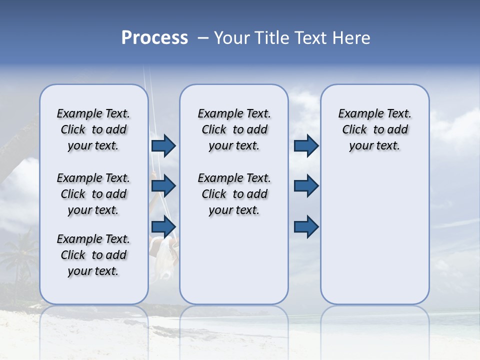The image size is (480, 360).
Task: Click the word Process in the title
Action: [x=154, y=38]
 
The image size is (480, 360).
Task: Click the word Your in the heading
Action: [x=231, y=38]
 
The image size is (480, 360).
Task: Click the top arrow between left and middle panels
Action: [x=163, y=145]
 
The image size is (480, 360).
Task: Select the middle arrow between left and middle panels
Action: [x=163, y=186]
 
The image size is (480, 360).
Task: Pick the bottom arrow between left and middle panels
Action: [x=163, y=226]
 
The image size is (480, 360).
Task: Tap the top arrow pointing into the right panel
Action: [x=306, y=145]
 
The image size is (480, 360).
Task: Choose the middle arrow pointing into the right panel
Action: [x=306, y=186]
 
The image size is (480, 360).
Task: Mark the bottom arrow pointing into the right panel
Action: [x=306, y=226]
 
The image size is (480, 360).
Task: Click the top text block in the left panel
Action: [x=93, y=129]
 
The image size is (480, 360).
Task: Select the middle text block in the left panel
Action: [x=93, y=194]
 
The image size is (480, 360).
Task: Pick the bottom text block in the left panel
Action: [x=93, y=255]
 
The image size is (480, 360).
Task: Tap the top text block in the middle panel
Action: [x=234, y=129]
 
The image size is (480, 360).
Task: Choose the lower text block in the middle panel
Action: [x=234, y=194]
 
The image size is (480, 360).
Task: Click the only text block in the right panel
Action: [x=374, y=129]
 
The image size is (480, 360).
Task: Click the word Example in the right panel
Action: [x=357, y=114]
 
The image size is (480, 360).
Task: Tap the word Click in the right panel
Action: [x=354, y=130]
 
